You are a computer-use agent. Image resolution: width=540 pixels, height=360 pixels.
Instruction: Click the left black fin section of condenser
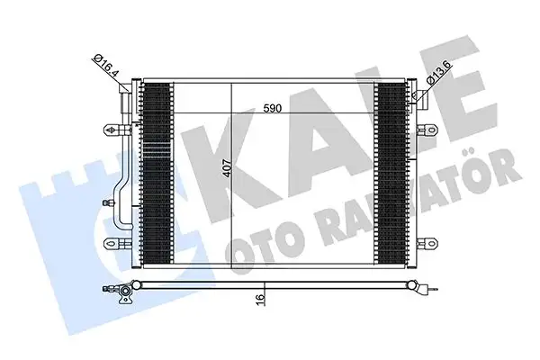pyautogui.click(x=157, y=172)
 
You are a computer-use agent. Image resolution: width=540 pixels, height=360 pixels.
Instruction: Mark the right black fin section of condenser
pyautogui.click(x=392, y=172)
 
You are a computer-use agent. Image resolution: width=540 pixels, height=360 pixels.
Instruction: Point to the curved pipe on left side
pyautogui.click(x=121, y=193)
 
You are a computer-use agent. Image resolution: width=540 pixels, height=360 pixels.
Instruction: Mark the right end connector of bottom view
pyautogui.click(x=426, y=290)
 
